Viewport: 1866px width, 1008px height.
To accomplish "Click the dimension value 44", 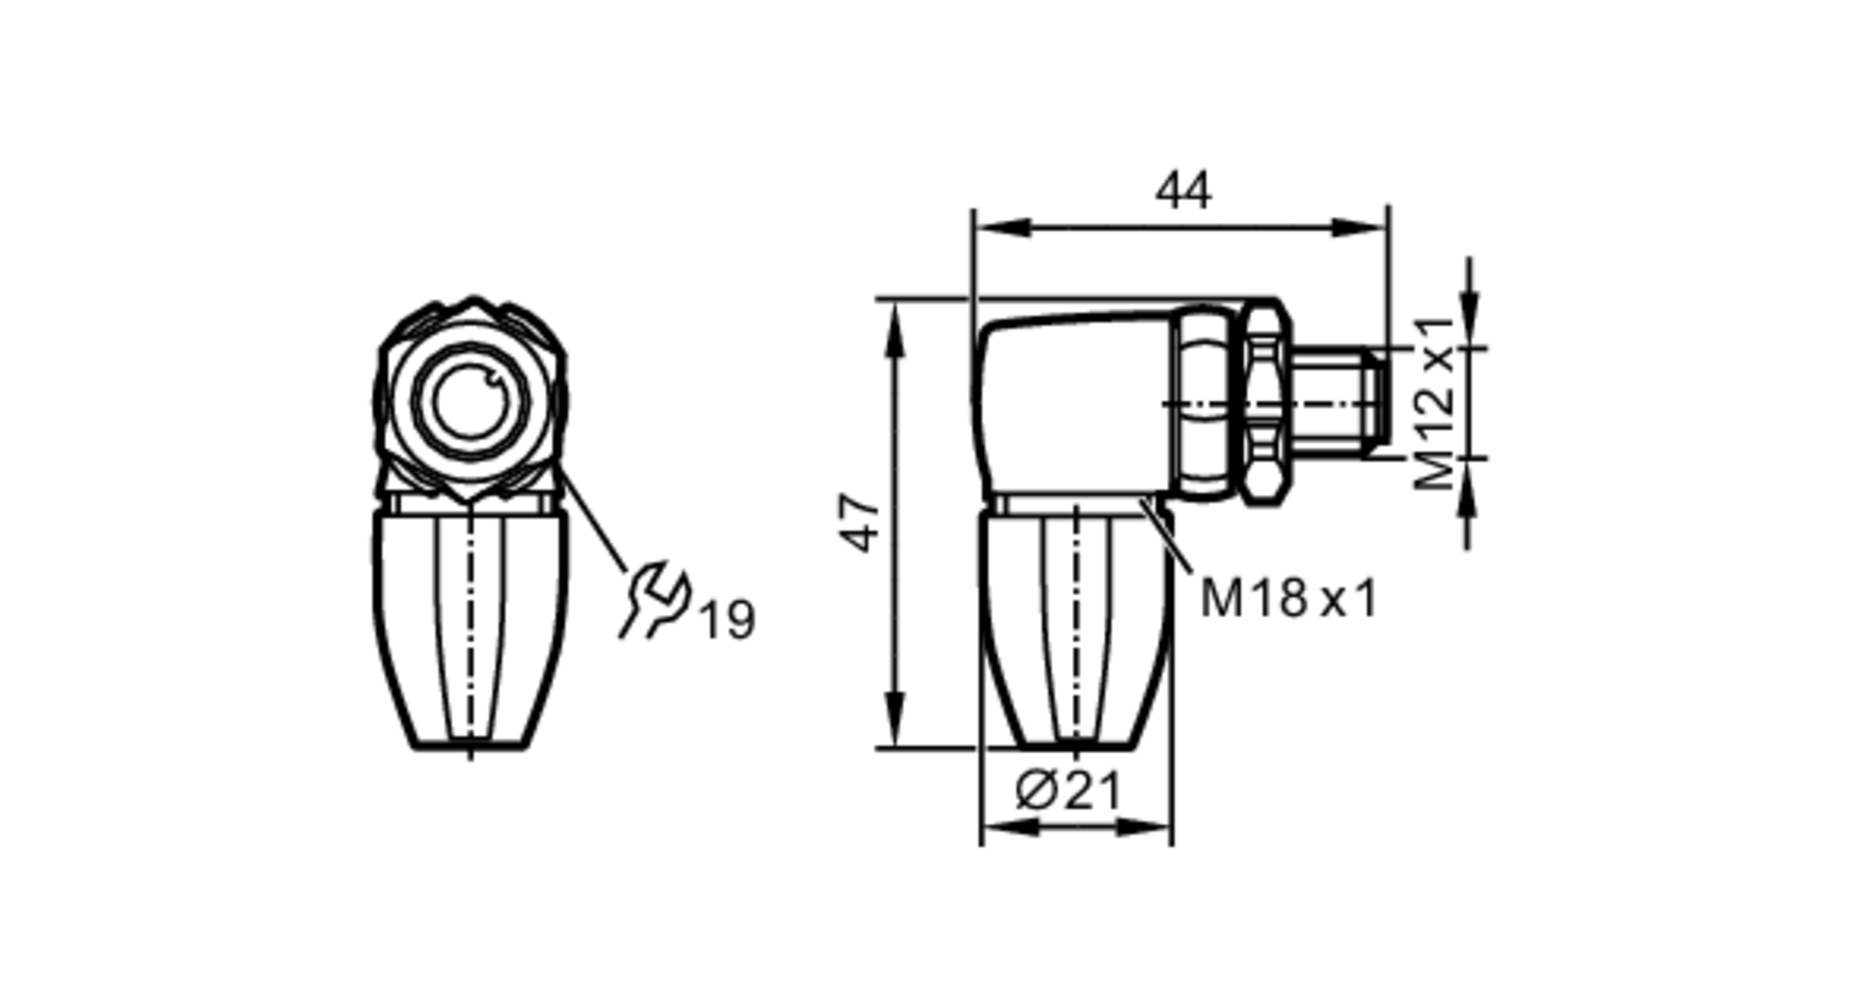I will click(x=1183, y=191).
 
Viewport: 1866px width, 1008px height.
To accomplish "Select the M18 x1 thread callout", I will click(x=1288, y=598).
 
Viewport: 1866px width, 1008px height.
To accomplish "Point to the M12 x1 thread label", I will click(x=1434, y=403).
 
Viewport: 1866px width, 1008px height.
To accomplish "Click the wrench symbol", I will click(x=656, y=600).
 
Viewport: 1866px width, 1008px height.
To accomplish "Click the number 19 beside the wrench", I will click(x=727, y=620).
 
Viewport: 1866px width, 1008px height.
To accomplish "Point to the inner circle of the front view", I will click(x=470, y=402).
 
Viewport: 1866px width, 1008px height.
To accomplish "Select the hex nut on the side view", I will click(x=1264, y=402).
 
